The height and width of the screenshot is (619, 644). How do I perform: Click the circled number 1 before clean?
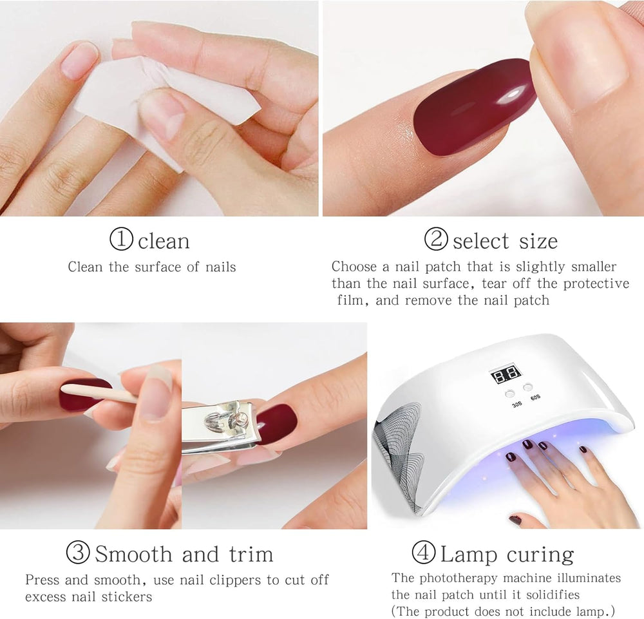[121, 240]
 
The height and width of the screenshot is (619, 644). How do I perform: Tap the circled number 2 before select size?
[436, 240]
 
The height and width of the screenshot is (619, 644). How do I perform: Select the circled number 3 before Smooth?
[78, 553]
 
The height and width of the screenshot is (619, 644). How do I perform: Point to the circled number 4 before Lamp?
[423, 553]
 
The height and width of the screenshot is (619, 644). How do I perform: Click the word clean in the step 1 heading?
[164, 242]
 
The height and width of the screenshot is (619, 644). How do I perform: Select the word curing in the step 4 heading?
[540, 555]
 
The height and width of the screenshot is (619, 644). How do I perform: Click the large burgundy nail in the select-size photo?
[475, 106]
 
